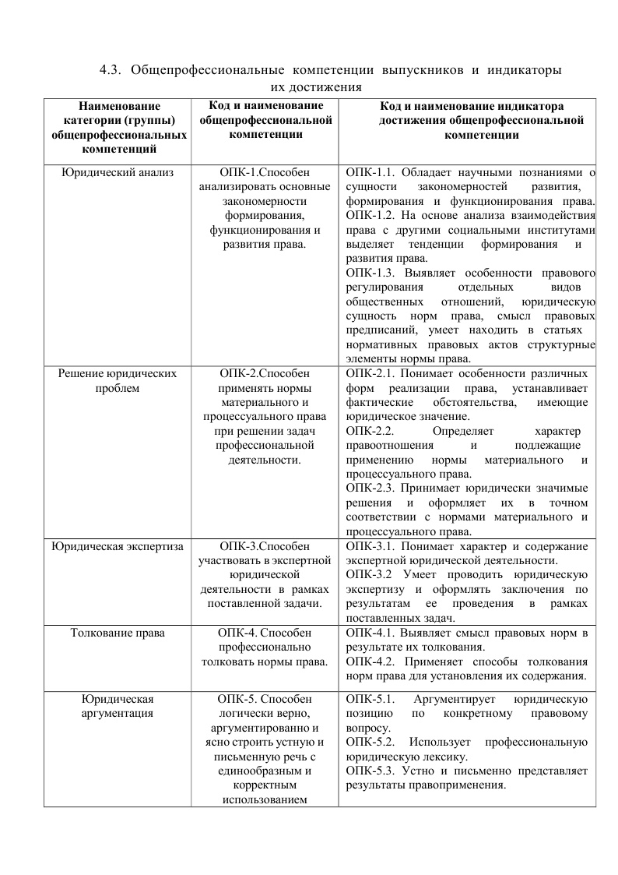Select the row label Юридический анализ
[x=117, y=171]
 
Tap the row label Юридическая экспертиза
[x=117, y=546]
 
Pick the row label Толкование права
[x=118, y=632]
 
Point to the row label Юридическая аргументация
[x=118, y=705]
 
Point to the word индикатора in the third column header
[x=535, y=106]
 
